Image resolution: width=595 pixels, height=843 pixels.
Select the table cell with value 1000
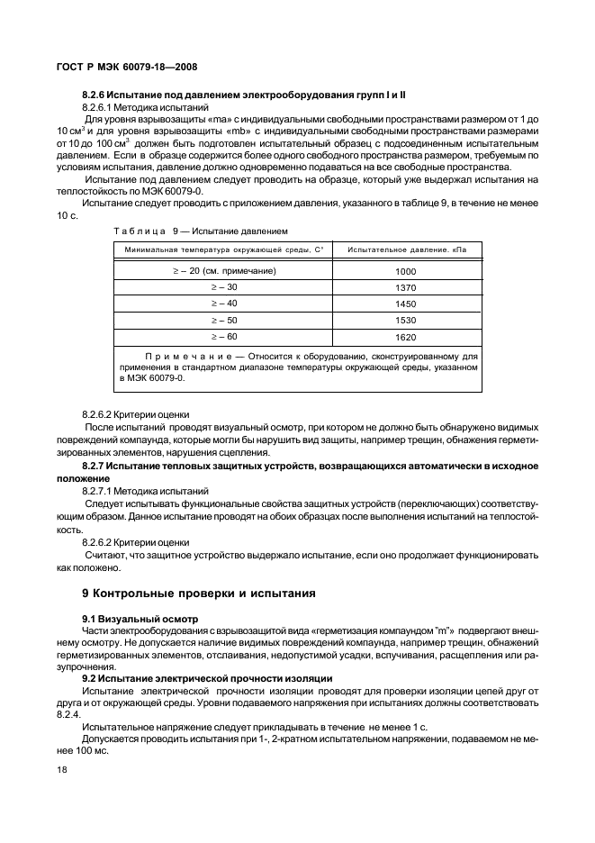[406, 270]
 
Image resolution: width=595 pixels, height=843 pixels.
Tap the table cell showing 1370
[406, 287]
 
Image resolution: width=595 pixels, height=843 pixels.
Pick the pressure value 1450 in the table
[406, 304]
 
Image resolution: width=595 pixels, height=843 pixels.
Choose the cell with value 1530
[406, 321]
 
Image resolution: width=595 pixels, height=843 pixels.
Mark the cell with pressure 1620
[406, 337]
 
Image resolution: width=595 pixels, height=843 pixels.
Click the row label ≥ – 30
[223, 286]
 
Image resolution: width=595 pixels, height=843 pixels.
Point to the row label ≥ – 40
[223, 303]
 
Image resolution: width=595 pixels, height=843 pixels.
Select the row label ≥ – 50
[223, 320]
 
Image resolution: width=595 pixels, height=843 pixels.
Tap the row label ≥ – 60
[223, 336]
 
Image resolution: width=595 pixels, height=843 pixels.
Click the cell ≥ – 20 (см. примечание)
[223, 269]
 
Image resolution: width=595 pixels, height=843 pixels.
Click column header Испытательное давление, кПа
[407, 249]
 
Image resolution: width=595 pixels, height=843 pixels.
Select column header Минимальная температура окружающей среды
[223, 249]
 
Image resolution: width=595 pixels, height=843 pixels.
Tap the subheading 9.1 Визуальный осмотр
[140, 620]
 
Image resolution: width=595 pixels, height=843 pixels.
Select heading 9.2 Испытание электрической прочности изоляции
[207, 677]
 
